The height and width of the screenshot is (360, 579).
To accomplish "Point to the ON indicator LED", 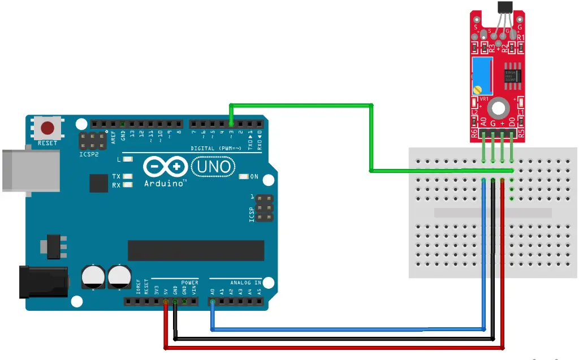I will (x=244, y=177).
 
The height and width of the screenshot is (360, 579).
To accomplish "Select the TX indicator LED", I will (x=128, y=176).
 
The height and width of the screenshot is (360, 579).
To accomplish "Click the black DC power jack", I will (x=42, y=281).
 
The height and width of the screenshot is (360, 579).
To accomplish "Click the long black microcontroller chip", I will (x=196, y=250).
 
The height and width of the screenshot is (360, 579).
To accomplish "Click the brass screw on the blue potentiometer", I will (x=478, y=89).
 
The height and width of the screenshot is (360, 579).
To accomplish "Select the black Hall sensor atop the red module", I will (x=503, y=7).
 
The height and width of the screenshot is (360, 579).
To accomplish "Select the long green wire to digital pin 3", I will (x=370, y=136).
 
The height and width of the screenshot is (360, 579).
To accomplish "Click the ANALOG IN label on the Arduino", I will (x=245, y=281).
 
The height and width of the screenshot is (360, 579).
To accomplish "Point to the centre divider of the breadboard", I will (x=492, y=213).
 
